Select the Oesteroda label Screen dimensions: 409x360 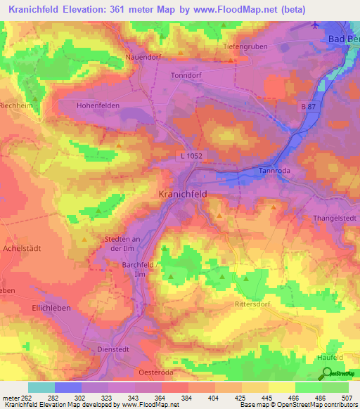click(x=155, y=372)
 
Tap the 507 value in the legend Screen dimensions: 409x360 click(x=348, y=398)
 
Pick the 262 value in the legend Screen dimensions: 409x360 click(x=26, y=398)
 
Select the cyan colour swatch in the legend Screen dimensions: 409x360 click(x=41, y=387)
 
